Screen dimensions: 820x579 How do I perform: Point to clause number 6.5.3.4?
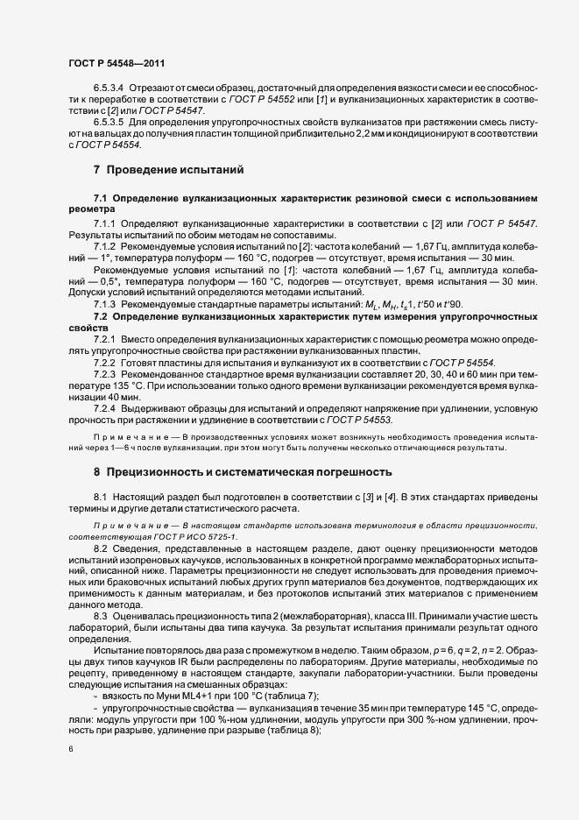(x=109, y=88)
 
